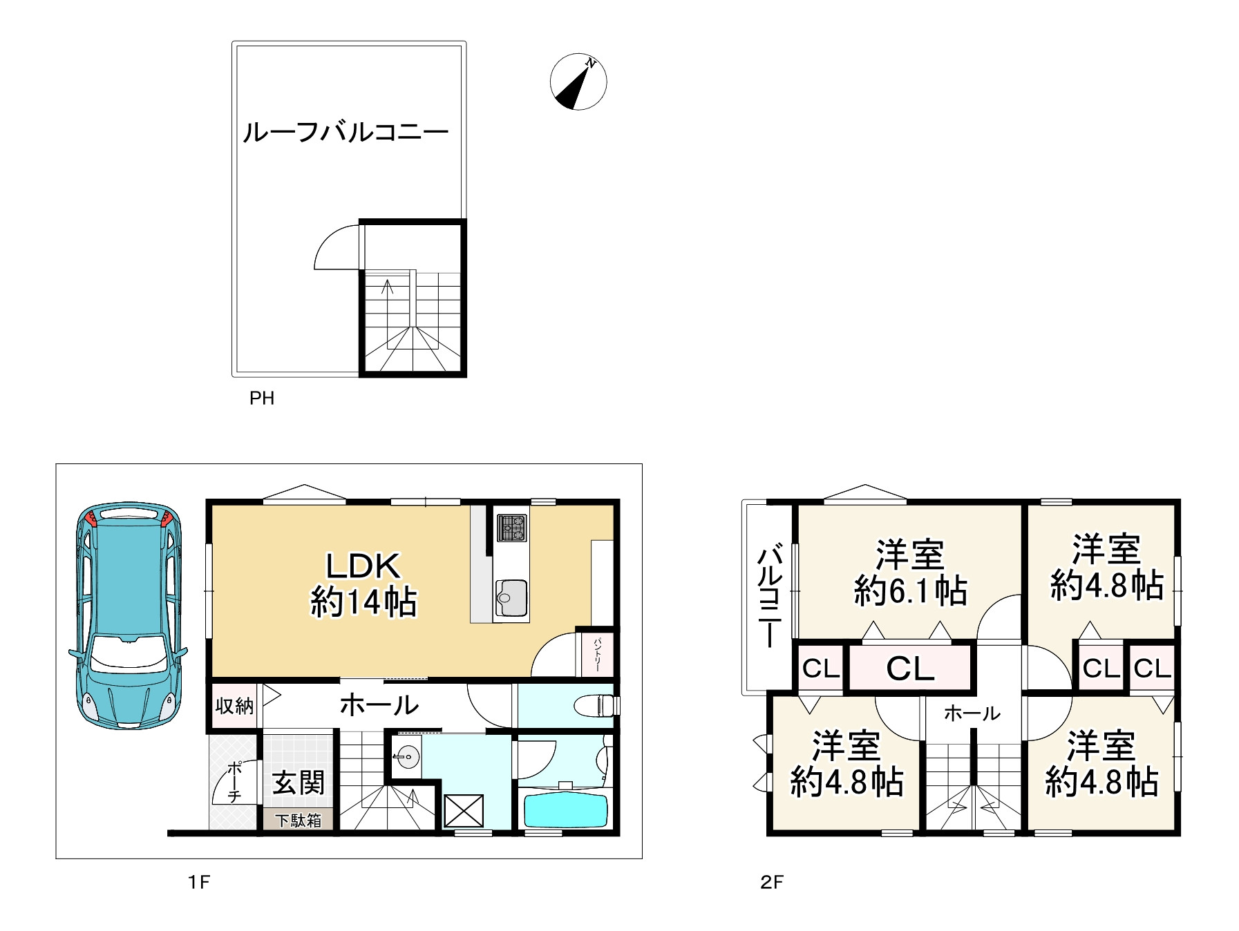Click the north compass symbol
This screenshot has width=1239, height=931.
578,81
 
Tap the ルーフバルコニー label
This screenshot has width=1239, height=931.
346,131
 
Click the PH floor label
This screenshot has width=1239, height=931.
262,399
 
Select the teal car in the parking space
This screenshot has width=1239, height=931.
129,615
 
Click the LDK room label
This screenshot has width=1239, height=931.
363,566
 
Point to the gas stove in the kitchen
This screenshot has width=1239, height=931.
511,528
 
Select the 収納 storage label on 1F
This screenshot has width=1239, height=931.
234,706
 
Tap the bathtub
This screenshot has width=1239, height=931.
565,809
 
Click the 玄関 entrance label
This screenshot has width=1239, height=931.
298,783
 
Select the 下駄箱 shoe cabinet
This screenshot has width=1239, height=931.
299,820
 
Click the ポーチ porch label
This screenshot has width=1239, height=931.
234,782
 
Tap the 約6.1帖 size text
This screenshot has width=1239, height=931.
911,591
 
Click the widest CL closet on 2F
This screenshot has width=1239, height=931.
910,667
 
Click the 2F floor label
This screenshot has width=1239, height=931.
772,882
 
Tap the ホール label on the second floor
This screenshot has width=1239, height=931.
972,713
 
